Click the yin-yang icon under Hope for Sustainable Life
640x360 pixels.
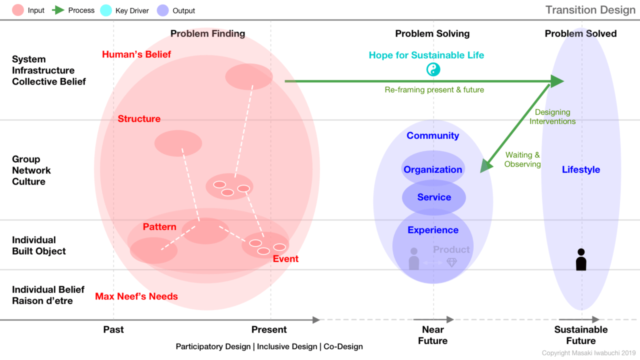point(433,69)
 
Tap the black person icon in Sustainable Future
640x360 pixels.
point(581,259)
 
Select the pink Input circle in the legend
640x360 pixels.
point(18,10)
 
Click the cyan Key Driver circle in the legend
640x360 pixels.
point(106,10)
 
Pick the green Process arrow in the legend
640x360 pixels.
point(58,10)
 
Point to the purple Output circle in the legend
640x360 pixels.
point(163,10)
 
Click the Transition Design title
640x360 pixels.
point(590,10)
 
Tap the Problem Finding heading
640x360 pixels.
point(207,33)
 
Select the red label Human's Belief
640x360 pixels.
point(136,54)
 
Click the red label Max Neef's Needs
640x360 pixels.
point(136,296)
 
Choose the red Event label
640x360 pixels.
point(285,259)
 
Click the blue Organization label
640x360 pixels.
point(432,169)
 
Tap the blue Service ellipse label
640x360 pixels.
point(434,197)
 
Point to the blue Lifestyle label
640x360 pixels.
point(581,169)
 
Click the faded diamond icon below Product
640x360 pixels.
point(451,262)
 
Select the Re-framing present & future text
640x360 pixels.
point(434,89)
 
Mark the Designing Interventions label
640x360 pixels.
point(552,116)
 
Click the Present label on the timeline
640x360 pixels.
point(269,329)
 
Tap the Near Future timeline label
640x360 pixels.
point(433,335)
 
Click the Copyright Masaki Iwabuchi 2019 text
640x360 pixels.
point(588,353)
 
